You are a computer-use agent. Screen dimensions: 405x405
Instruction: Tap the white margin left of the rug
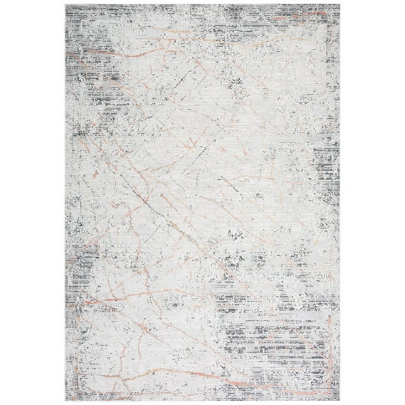pyautogui.click(x=32, y=202)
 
